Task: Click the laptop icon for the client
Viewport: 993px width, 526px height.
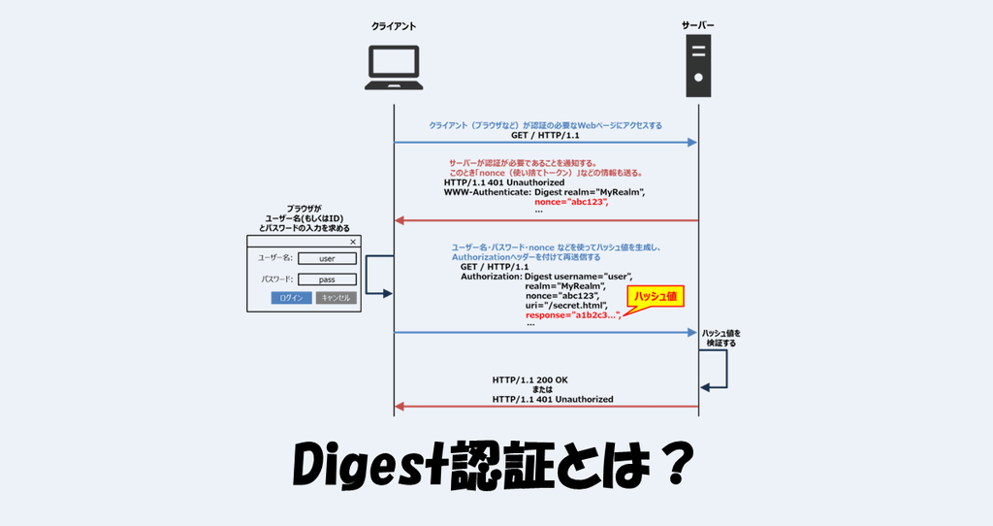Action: [x=394, y=70]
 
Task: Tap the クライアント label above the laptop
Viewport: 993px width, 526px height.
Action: [x=394, y=26]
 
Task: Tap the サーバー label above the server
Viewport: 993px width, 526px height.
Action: [x=698, y=26]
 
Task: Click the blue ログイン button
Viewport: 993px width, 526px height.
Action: [x=291, y=298]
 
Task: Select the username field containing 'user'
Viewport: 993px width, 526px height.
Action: [x=327, y=258]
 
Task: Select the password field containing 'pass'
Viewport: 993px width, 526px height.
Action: [x=327, y=279]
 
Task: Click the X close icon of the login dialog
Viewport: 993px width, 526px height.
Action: [x=352, y=243]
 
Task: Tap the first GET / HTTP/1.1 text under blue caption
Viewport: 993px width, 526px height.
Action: [x=545, y=136]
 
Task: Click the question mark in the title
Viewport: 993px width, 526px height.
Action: [x=672, y=468]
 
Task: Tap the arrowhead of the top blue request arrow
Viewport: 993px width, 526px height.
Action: [x=692, y=143]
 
